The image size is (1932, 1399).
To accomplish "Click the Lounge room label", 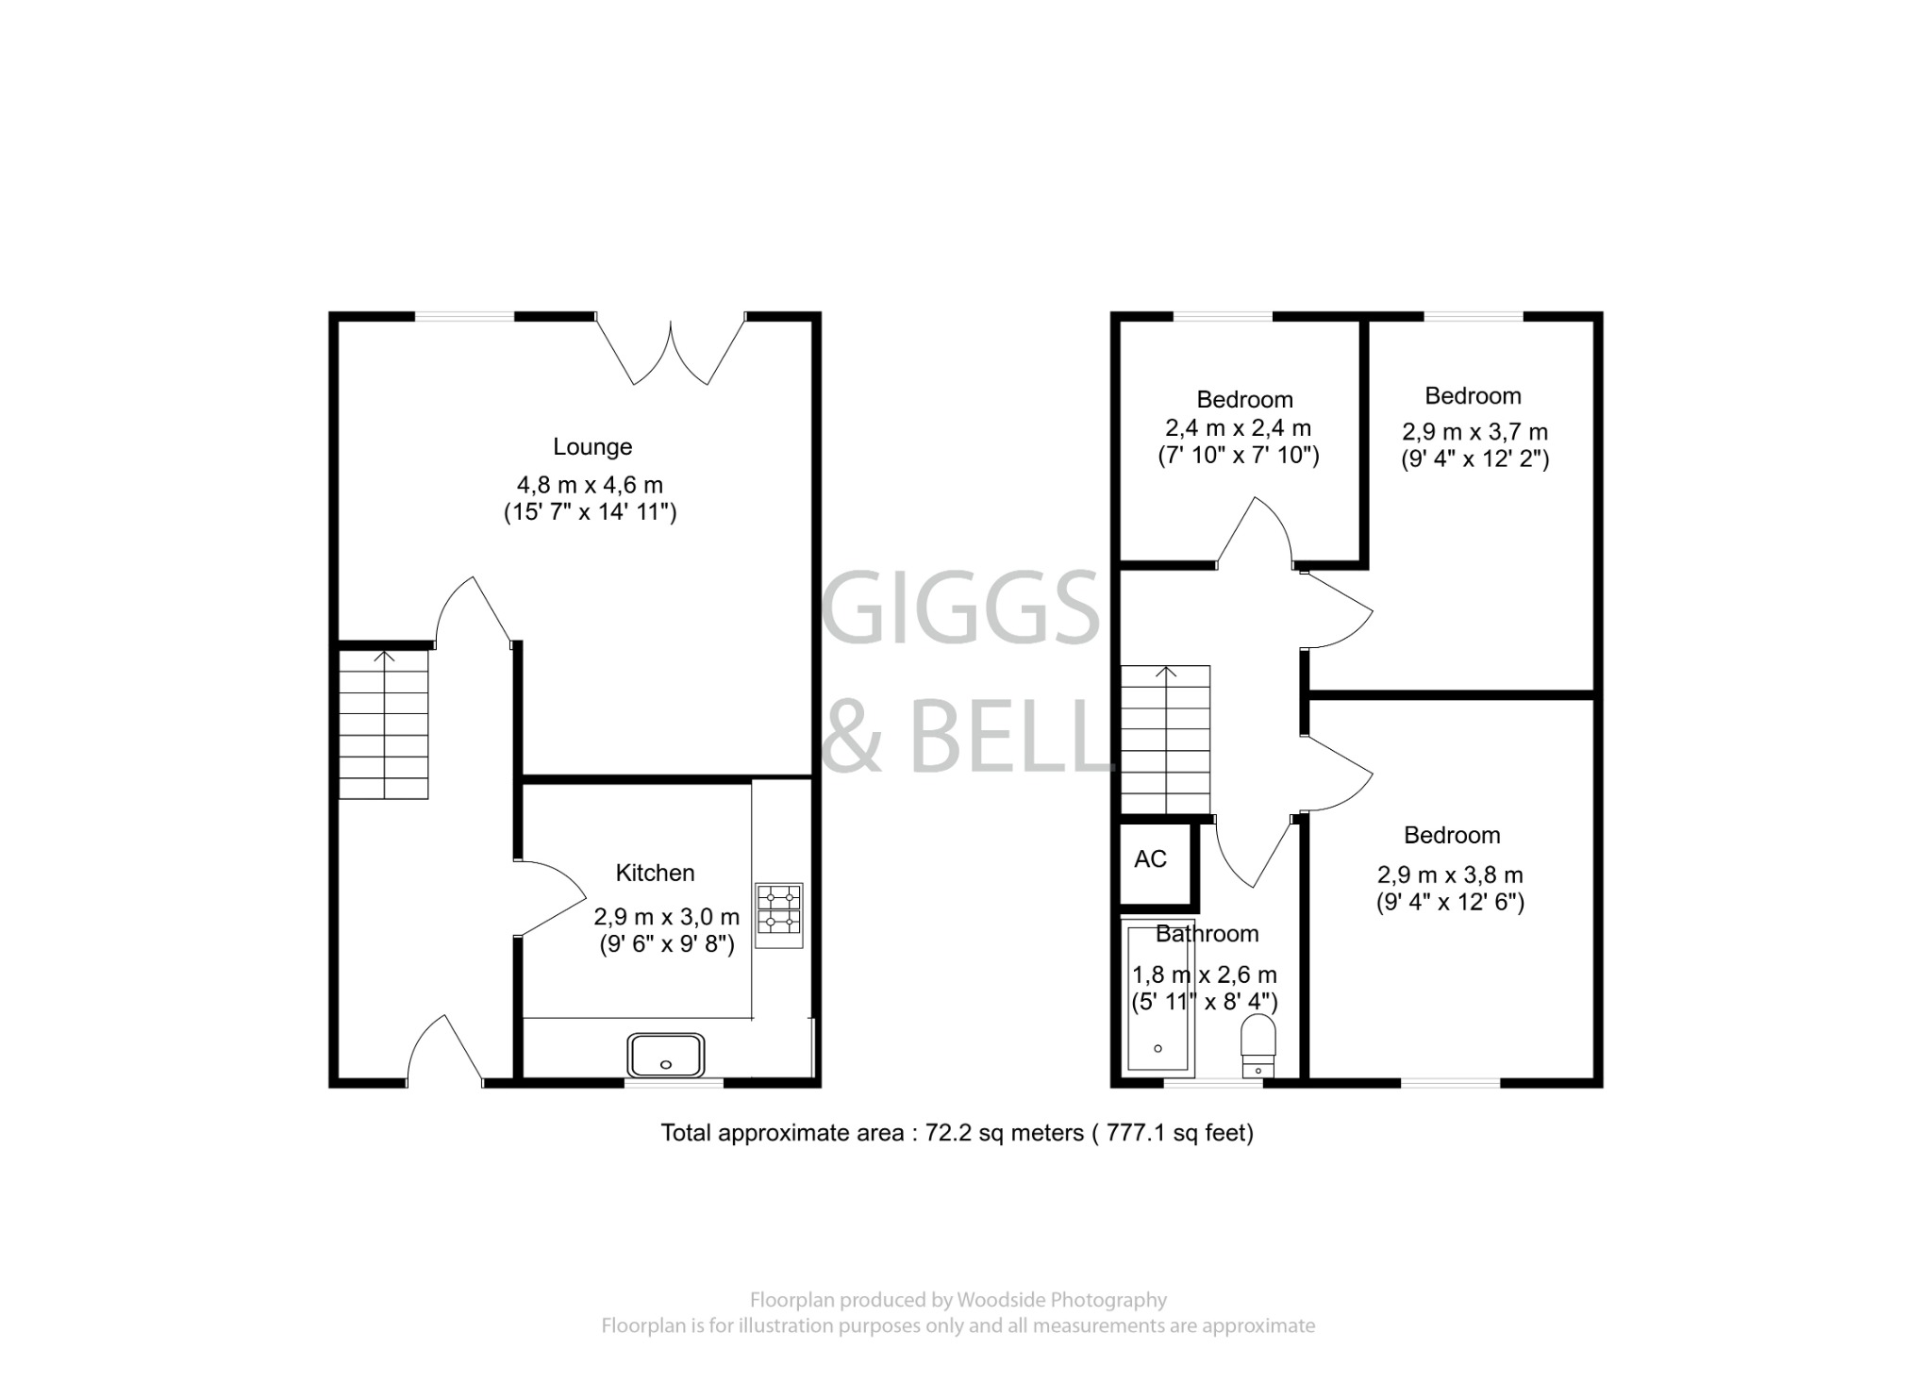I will pos(592,446).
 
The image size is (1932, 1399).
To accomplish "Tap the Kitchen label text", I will pos(655,873).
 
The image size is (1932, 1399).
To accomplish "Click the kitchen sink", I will pos(667,1055).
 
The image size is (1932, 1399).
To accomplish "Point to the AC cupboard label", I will pos(1150,859).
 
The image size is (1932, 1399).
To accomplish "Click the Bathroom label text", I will pos(1207,934).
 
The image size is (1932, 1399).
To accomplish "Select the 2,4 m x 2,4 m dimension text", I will pos(1238,428).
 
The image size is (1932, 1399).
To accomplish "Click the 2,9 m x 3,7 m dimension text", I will pos(1474,432).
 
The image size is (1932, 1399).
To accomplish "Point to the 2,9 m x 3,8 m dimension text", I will pos(1450,875).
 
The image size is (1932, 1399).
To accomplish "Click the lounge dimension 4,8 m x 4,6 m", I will pos(590,486).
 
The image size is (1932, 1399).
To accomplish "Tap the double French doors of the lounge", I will pos(671,351).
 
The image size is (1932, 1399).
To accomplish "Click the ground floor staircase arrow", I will pos(384,658).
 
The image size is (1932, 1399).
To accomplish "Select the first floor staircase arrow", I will pos(1166,674).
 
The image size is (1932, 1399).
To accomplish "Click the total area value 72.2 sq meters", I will pos(1004,1133).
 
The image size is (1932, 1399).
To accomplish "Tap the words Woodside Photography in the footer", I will pos(1061,1300).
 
